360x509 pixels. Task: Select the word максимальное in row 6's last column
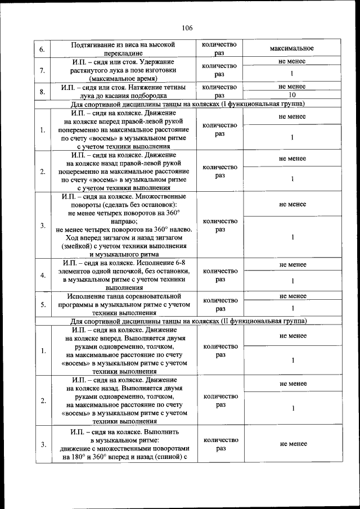point(292,48)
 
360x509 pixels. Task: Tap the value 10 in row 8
point(292,95)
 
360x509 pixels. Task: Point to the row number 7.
point(43,70)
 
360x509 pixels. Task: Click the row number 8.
point(43,91)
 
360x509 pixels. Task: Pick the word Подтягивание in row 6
point(97,44)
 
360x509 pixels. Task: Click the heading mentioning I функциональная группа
point(188,104)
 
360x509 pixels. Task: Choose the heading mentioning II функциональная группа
point(188,321)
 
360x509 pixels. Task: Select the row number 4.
point(43,276)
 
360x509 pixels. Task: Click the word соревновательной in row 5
point(153,296)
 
